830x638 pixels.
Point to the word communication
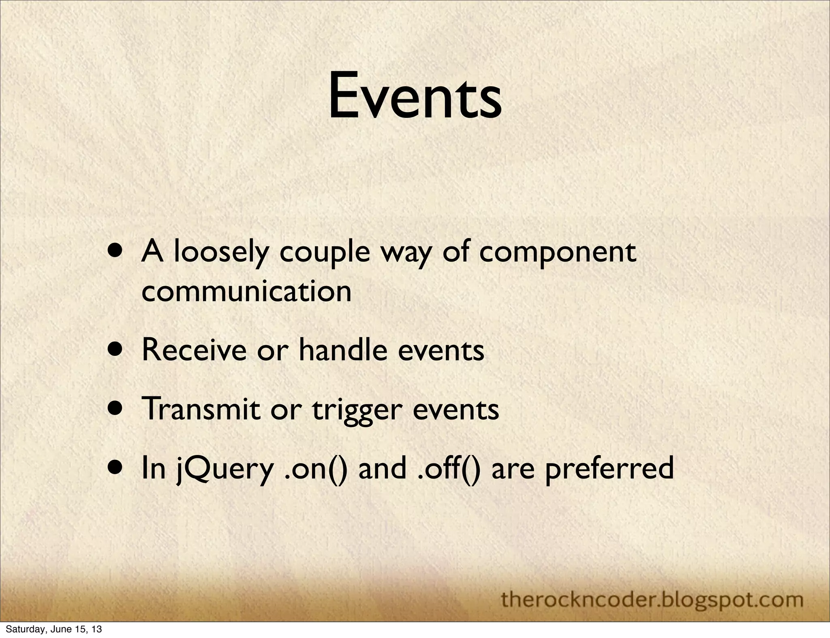[x=246, y=291]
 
